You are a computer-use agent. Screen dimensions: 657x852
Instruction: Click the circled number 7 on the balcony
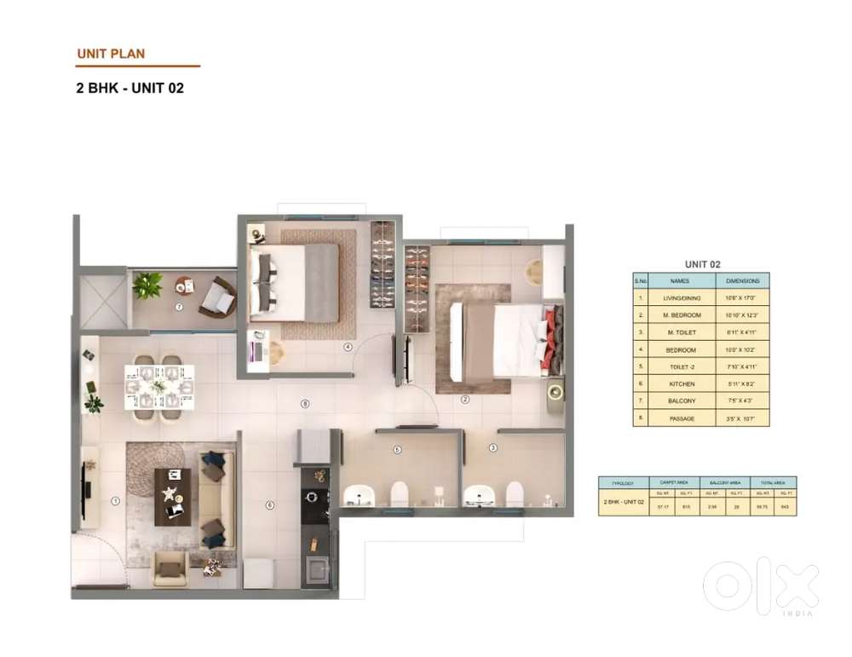179,307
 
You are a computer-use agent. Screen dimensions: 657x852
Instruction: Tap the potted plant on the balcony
147,285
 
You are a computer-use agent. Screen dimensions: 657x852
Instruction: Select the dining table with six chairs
159,388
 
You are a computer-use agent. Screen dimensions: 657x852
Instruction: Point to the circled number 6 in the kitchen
270,505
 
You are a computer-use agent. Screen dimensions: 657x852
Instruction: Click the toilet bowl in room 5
398,493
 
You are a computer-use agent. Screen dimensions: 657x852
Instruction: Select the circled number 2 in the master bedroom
465,399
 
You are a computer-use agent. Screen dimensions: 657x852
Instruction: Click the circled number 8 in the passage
304,404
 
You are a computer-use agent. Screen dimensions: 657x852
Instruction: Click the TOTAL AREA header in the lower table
774,481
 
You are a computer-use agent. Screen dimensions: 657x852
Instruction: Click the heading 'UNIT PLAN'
111,54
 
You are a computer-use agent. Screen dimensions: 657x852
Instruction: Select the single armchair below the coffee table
170,568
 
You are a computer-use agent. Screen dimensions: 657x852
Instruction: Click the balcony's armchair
220,298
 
